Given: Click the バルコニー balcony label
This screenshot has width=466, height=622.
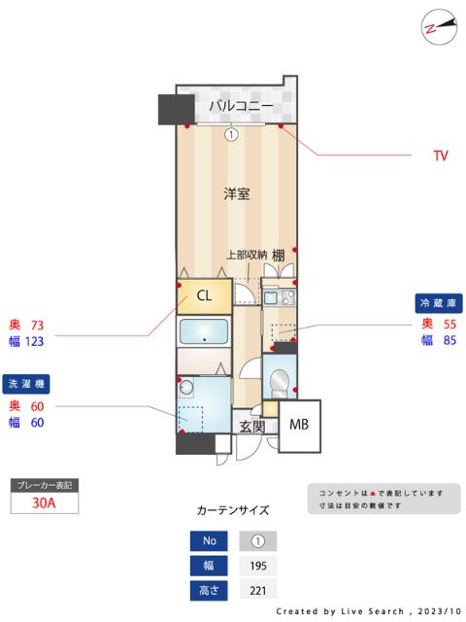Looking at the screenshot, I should pos(234,105).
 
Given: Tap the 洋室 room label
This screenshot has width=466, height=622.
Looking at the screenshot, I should pos(237,193).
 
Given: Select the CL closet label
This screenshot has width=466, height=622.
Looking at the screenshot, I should pos(205,294).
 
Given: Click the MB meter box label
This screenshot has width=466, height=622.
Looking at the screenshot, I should pos(299,424).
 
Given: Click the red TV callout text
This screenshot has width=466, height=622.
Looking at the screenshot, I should pos(440,155).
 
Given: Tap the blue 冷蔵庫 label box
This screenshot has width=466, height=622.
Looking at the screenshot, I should pos(439,302).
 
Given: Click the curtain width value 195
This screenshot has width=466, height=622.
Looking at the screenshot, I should pos(257,565).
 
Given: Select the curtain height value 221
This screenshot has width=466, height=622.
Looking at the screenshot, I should pos(257,589).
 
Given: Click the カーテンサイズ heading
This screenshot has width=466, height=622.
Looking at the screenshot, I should pos(233,509).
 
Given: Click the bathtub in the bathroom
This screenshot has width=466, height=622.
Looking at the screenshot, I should pos(204,331).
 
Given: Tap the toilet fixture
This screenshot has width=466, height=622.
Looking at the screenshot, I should pos(279,381).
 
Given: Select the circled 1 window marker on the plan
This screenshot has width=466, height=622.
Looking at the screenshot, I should pos(231,135).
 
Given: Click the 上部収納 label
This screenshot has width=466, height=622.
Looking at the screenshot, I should pos(247,255).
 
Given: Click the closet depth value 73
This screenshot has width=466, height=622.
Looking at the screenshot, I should pos(38,325).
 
